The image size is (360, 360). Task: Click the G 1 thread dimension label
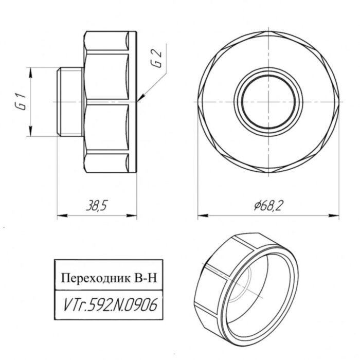pyautogui.click(x=20, y=102)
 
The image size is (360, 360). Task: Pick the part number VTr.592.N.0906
pyautogui.click(x=108, y=304)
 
